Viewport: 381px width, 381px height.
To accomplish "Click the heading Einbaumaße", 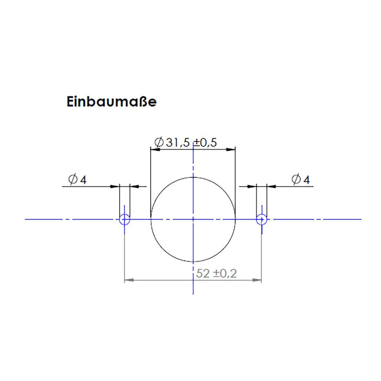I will [x=111, y=102].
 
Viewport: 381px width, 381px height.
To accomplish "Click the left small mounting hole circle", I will [x=125, y=219].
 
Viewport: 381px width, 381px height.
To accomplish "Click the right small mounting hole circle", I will [x=262, y=219].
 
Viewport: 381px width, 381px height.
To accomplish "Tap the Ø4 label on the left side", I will [x=77, y=179].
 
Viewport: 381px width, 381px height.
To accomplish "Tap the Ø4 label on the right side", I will [x=301, y=179].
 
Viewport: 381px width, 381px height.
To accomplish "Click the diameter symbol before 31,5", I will [x=159, y=143].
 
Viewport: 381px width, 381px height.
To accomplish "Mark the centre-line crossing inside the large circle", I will [x=193, y=219].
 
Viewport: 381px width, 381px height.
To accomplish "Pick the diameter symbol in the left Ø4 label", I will [x=73, y=179].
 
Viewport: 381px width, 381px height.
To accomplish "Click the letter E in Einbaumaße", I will [x=70, y=102].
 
